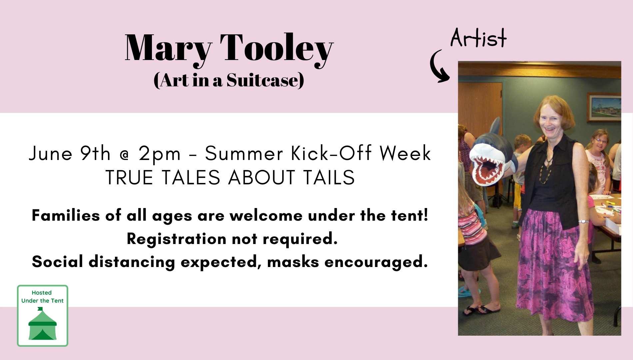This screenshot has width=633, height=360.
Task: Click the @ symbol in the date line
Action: point(124,155)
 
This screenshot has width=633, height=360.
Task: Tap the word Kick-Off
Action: point(331,153)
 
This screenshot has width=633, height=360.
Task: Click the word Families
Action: point(66,215)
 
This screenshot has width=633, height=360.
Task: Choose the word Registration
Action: point(177,239)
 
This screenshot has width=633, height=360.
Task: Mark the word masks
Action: point(293,262)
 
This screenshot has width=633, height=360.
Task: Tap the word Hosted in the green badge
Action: point(42,293)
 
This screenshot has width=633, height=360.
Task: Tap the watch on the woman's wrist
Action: point(583,221)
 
